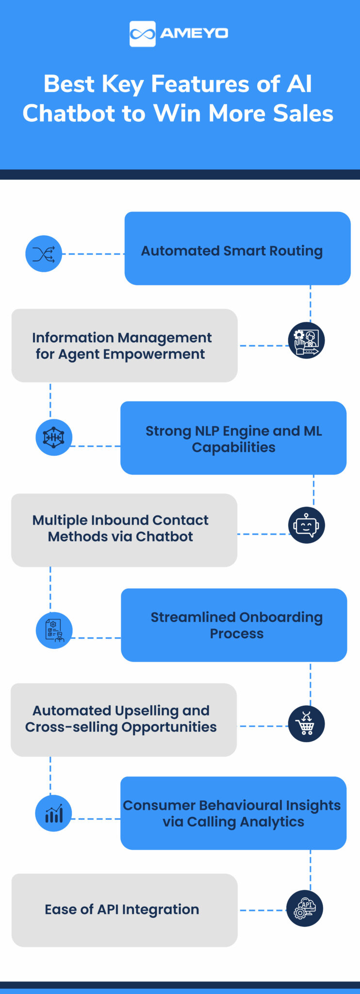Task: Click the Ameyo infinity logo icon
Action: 142,33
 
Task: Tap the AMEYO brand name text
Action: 194,33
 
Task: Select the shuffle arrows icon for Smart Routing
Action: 44,254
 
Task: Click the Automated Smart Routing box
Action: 237,248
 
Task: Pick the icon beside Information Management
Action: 306,340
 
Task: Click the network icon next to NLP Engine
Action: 54,437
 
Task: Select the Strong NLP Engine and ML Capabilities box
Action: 233,438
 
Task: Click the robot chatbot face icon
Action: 306,525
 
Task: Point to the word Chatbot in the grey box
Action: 164,537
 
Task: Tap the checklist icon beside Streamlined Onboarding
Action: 54,630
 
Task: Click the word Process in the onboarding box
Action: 236,634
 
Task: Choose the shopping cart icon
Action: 306,724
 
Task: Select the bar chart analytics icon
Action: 54,813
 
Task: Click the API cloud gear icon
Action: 305,909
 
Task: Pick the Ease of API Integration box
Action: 124,910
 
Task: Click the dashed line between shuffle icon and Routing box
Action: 93,254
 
